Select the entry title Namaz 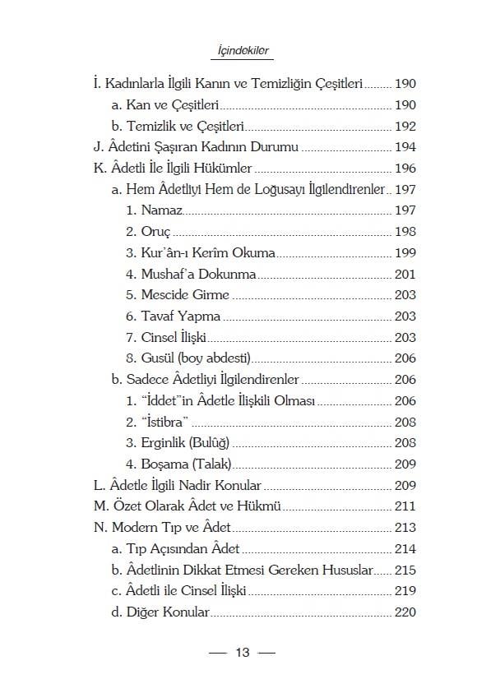(x=160, y=211)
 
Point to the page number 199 (x=405, y=253)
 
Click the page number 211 (x=405, y=506)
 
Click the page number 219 (x=405, y=591)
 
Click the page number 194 (x=405, y=148)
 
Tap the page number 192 (x=405, y=127)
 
